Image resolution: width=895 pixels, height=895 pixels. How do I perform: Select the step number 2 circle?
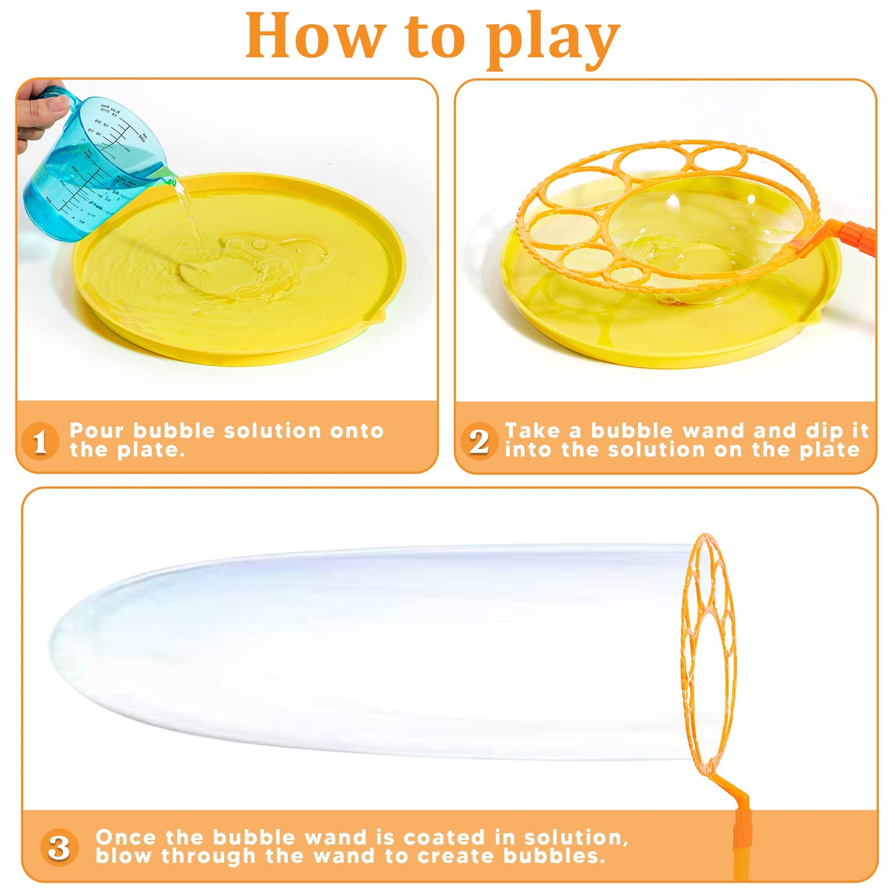point(478,441)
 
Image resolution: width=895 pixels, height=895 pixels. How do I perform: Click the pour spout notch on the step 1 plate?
point(378,316)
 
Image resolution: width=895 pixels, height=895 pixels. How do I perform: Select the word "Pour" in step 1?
point(97,431)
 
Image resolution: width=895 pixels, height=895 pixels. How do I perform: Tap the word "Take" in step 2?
point(533,431)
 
